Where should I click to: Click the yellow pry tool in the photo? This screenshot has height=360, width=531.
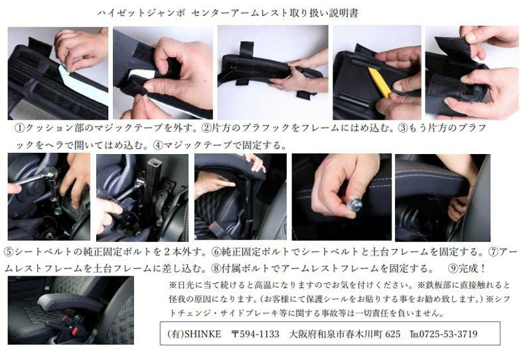[x=379, y=82]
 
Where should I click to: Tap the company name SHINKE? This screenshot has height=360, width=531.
[x=202, y=334]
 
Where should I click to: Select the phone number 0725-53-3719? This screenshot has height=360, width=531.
[x=449, y=334]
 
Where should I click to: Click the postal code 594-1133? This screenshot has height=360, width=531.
[x=260, y=334]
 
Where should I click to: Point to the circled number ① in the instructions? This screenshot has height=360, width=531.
[x=20, y=128]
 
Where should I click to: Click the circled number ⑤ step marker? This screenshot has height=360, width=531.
[x=9, y=252]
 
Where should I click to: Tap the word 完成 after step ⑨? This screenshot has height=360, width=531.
[x=469, y=269]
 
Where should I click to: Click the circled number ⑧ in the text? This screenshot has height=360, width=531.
[x=216, y=269]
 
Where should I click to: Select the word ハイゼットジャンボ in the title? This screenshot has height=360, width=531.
[x=141, y=13]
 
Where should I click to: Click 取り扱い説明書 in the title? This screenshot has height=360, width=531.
[x=324, y=13]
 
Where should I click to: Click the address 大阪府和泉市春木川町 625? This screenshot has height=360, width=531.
[x=344, y=334]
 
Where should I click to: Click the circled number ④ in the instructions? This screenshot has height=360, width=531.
[x=158, y=145]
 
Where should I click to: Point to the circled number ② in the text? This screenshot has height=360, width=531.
[x=206, y=128]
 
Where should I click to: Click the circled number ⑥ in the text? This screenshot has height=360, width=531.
[x=216, y=252]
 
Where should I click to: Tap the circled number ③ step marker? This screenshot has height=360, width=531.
[x=403, y=128]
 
